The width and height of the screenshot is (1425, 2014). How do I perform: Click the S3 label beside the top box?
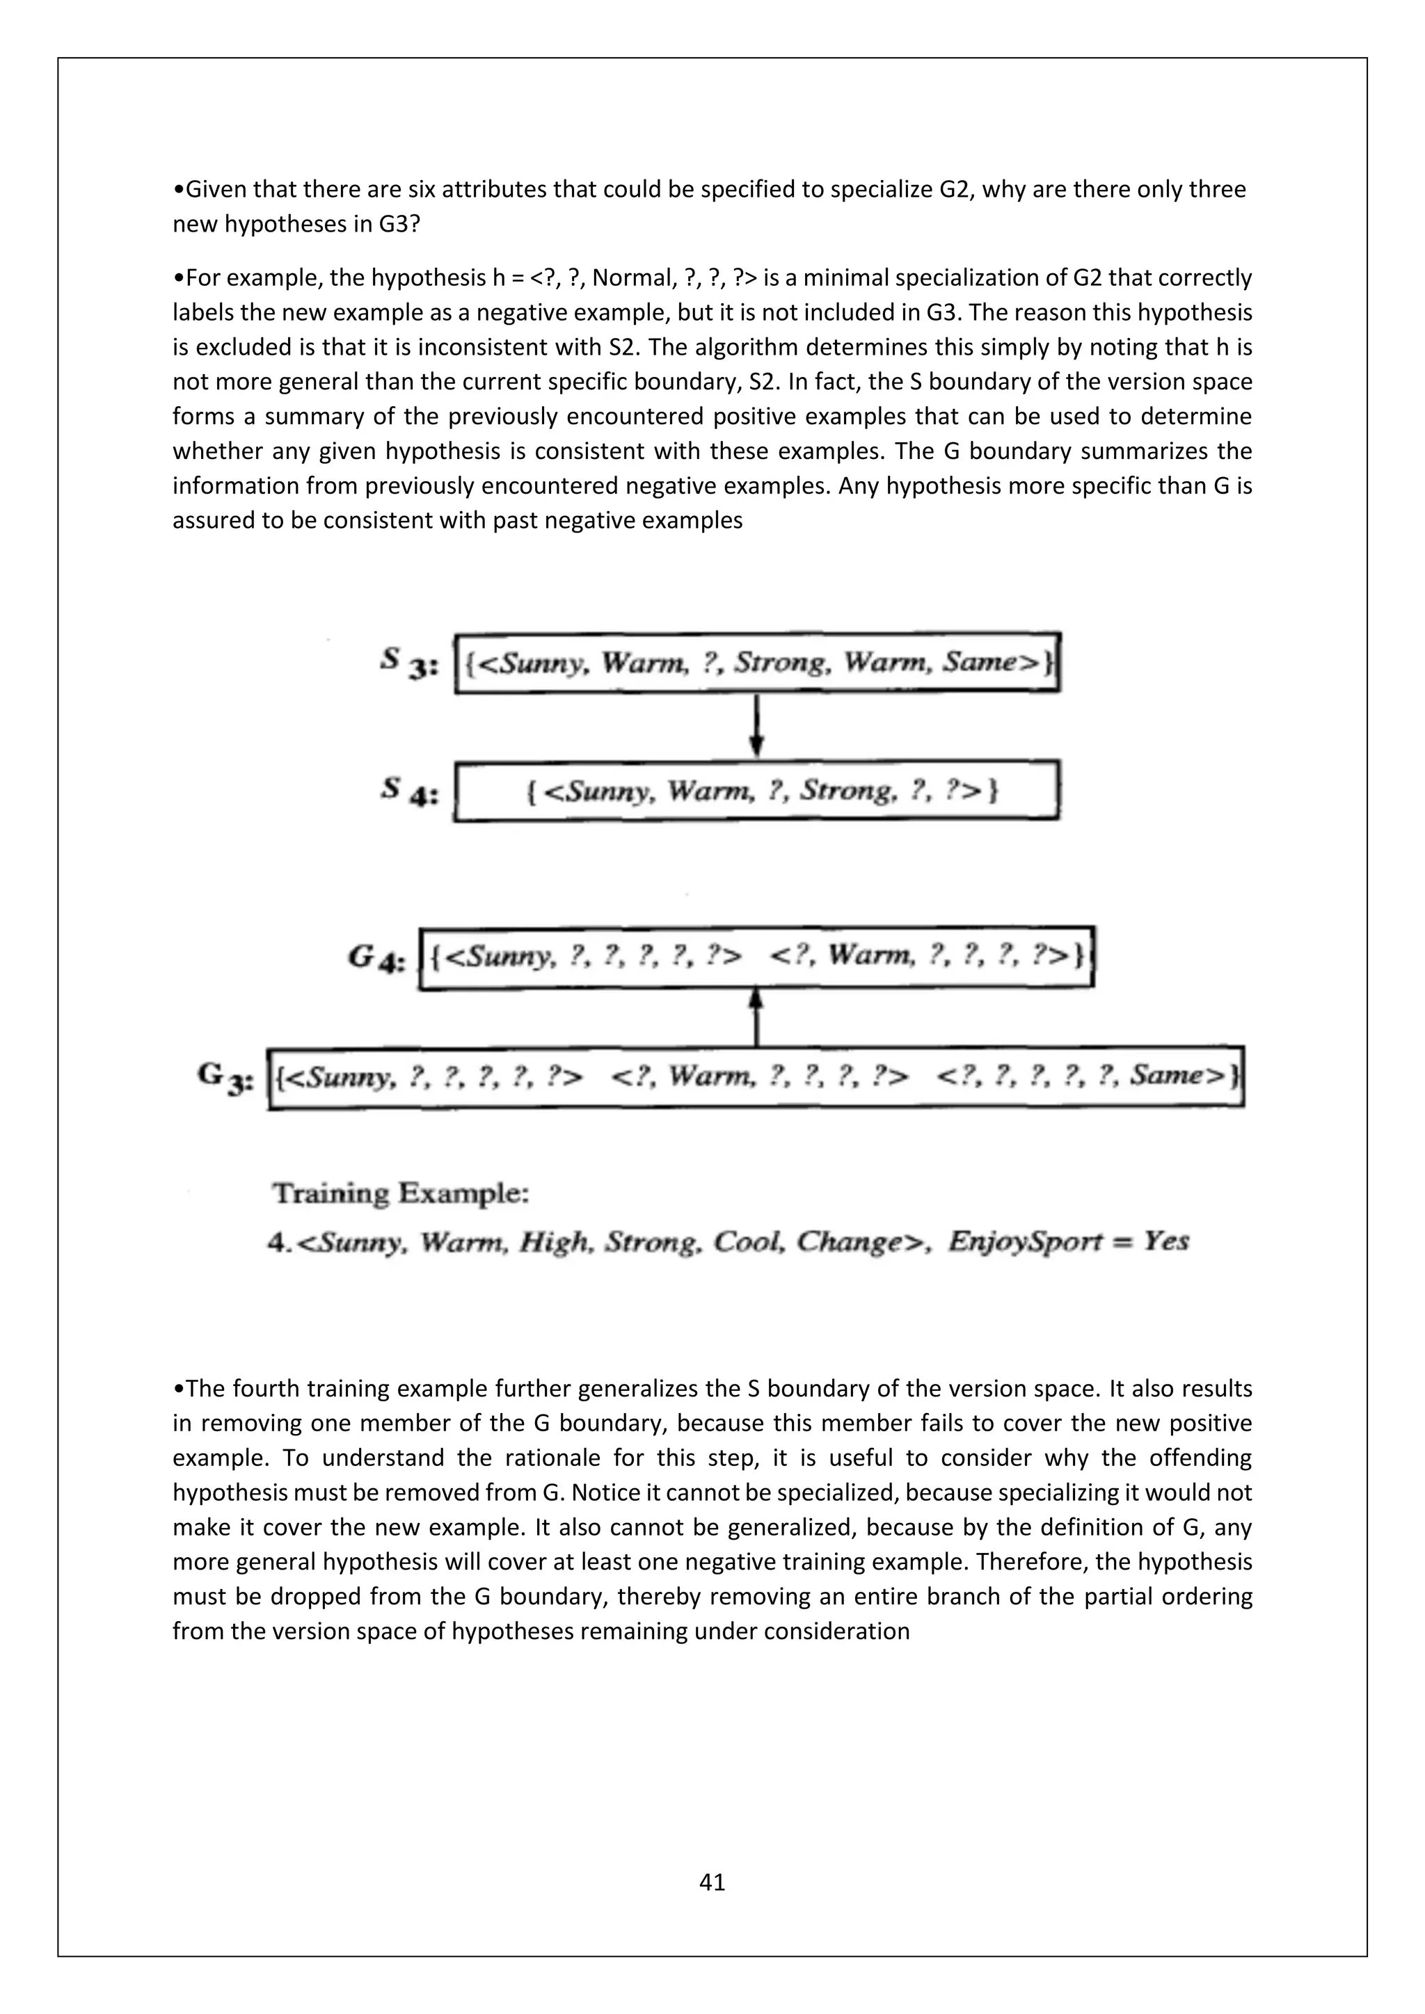(407, 662)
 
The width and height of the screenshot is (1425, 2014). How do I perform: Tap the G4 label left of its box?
(376, 958)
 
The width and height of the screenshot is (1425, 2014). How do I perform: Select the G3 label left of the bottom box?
(225, 1077)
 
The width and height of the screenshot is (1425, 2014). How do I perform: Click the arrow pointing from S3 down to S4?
(757, 725)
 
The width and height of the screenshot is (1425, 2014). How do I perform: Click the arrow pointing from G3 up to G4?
(757, 1017)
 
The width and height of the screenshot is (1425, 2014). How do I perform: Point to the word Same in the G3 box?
(1176, 1074)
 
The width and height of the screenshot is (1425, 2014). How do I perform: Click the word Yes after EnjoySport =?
(1166, 1241)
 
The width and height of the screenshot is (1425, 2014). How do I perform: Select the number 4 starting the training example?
(276, 1243)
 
